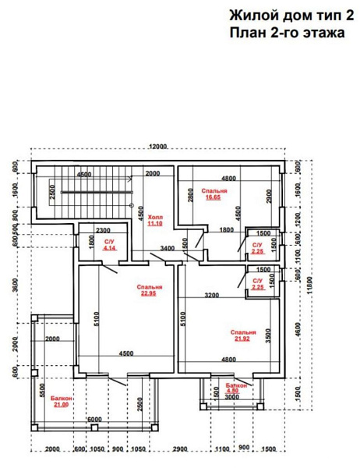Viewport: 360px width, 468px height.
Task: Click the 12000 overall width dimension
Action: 157,147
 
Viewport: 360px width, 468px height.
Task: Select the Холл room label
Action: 155,217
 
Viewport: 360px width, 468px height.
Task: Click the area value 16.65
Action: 214,197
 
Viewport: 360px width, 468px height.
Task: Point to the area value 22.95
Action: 149,293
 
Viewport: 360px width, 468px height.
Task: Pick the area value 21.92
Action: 242,339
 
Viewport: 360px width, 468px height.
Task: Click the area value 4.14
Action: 110,247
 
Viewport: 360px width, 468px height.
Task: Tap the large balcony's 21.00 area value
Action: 61,405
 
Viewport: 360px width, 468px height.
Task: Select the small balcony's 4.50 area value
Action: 233,391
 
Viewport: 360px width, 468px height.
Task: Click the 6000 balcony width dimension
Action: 94,420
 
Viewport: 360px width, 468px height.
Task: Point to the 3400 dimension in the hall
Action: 168,248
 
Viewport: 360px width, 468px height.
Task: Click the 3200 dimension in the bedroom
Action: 212,295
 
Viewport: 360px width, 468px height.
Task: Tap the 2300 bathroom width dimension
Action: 103,230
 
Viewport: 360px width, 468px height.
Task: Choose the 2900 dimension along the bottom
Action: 180,449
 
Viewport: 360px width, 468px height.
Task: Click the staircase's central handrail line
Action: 97,192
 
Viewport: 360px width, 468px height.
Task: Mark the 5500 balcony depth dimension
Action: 42,390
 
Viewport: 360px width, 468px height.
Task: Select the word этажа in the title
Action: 324,33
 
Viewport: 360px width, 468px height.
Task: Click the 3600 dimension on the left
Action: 16,285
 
